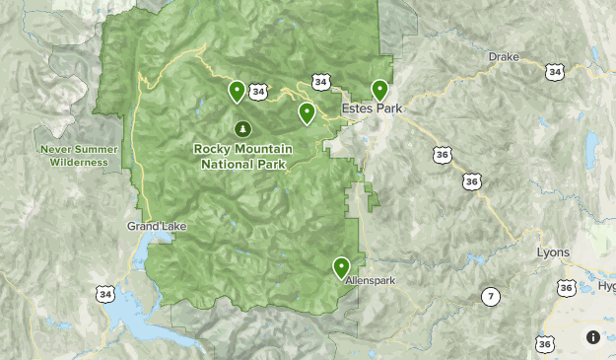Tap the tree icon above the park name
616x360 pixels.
(x=242, y=128)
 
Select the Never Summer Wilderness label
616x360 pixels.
(x=79, y=156)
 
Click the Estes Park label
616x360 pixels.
(x=372, y=108)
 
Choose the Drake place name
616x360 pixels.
(x=503, y=57)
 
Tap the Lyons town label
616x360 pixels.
(x=552, y=252)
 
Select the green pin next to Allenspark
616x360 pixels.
(x=341, y=267)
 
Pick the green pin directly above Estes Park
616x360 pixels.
(x=379, y=90)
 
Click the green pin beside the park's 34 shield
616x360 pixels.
(x=237, y=92)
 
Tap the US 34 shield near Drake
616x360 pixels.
(x=555, y=72)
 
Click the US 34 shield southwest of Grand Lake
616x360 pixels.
(x=105, y=294)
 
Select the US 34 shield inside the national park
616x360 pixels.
(x=259, y=92)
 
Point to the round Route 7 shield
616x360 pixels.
(x=490, y=296)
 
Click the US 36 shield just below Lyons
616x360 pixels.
(x=566, y=288)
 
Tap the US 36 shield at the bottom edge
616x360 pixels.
(x=544, y=344)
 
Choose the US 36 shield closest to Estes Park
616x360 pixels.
(x=442, y=154)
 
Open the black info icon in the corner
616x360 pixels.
(x=593, y=337)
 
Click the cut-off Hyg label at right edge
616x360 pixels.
(x=604, y=285)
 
